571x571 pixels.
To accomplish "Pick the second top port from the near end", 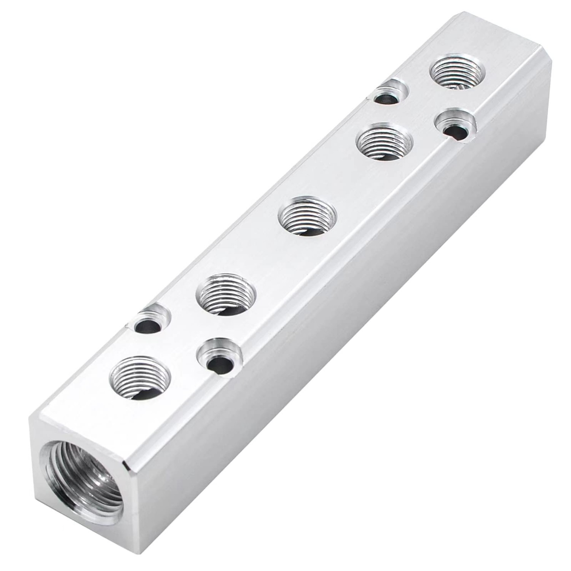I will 225,294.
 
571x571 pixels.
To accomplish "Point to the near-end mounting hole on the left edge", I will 148,323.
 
